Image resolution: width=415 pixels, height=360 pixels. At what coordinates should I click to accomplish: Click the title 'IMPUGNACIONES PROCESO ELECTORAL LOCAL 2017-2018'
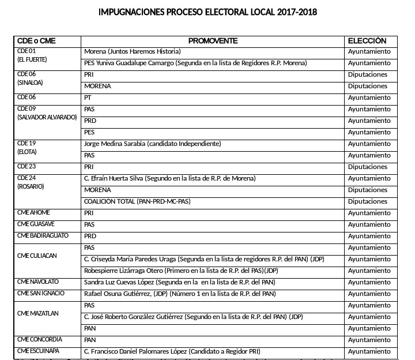[x=207, y=12]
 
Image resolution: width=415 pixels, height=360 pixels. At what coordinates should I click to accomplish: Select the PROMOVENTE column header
[x=213, y=41]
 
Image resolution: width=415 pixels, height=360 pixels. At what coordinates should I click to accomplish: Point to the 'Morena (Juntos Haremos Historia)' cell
[x=133, y=51]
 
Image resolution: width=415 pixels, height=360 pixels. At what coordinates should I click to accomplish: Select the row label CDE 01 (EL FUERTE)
[x=32, y=55]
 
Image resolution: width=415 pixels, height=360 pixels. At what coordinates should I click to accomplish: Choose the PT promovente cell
[x=88, y=97]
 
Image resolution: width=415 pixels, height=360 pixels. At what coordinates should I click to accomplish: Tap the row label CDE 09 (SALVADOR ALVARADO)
[x=47, y=113]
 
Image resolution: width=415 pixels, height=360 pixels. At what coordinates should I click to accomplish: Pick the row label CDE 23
[x=27, y=167]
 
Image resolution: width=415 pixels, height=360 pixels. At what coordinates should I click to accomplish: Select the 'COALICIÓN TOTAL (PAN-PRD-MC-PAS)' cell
[x=137, y=201]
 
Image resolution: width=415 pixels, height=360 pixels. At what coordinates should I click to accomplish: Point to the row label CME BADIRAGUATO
[x=43, y=236]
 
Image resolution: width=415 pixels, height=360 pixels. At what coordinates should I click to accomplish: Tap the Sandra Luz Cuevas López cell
[x=180, y=282]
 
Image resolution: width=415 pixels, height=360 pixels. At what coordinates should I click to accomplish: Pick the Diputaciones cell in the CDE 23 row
[x=368, y=167]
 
